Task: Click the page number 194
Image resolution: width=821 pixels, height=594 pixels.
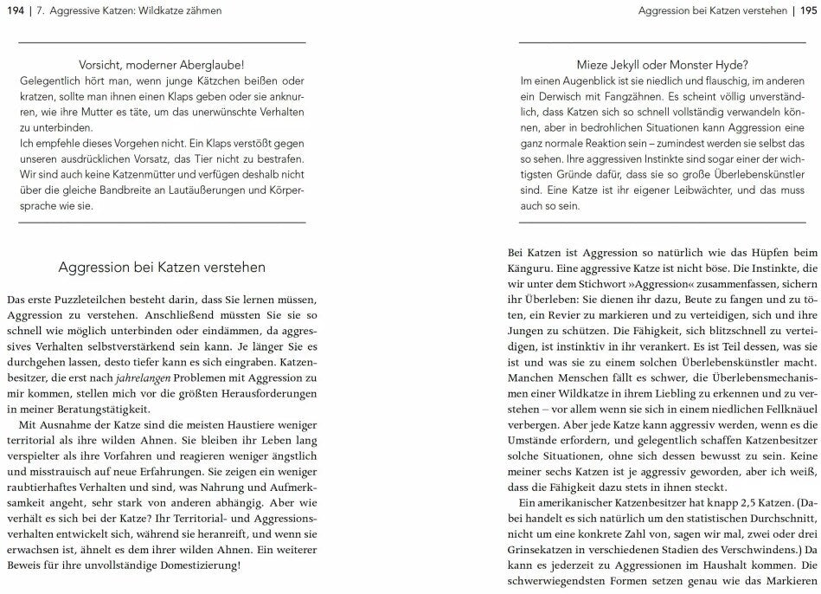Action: pyautogui.click(x=15, y=10)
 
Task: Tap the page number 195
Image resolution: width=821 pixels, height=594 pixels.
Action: pyautogui.click(x=808, y=10)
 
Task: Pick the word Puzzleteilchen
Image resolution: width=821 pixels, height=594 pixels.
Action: pyautogui.click(x=83, y=297)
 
